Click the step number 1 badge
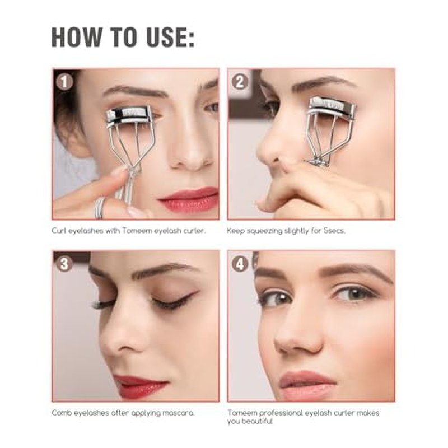click(x=64, y=82)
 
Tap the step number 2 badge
click(x=240, y=82)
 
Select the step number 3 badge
click(x=64, y=263)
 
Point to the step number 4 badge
click(x=240, y=263)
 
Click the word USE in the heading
click(x=170, y=38)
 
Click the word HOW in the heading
click(x=76, y=38)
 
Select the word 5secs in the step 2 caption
click(x=334, y=231)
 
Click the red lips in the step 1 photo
click(x=189, y=199)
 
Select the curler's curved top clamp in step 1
click(x=129, y=115)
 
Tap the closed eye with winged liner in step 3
click(x=174, y=301)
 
